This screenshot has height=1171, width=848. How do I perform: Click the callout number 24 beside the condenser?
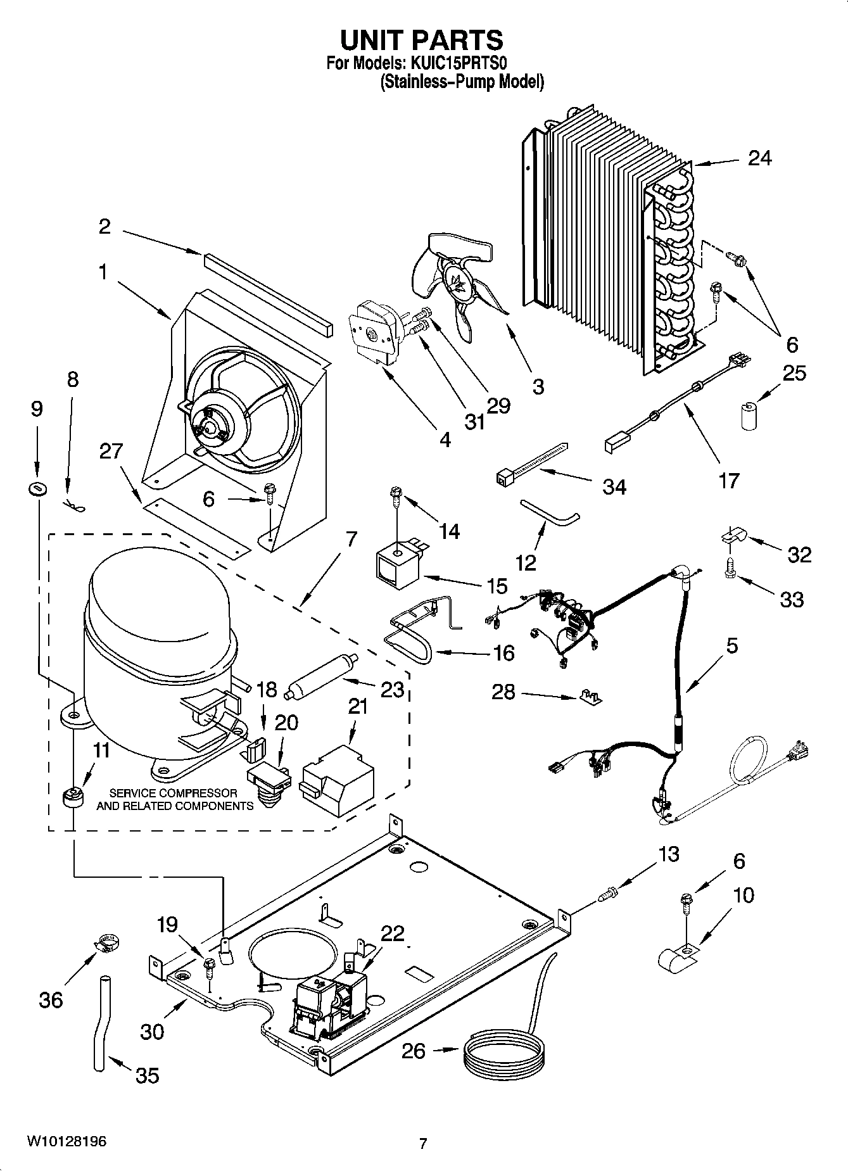(759, 158)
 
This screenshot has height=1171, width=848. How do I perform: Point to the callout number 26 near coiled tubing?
(414, 1051)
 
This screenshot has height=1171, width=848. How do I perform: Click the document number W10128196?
(66, 1142)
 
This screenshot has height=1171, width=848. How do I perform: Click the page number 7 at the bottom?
(423, 1143)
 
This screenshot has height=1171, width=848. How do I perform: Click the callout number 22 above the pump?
(392, 934)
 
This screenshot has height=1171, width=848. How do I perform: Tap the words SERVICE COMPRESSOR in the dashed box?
(174, 793)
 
